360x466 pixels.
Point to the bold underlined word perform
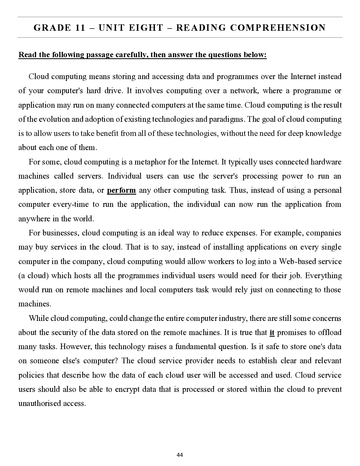point(121,190)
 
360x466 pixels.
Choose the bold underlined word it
point(272,333)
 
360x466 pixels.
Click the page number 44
point(180,455)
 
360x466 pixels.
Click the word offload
point(330,333)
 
